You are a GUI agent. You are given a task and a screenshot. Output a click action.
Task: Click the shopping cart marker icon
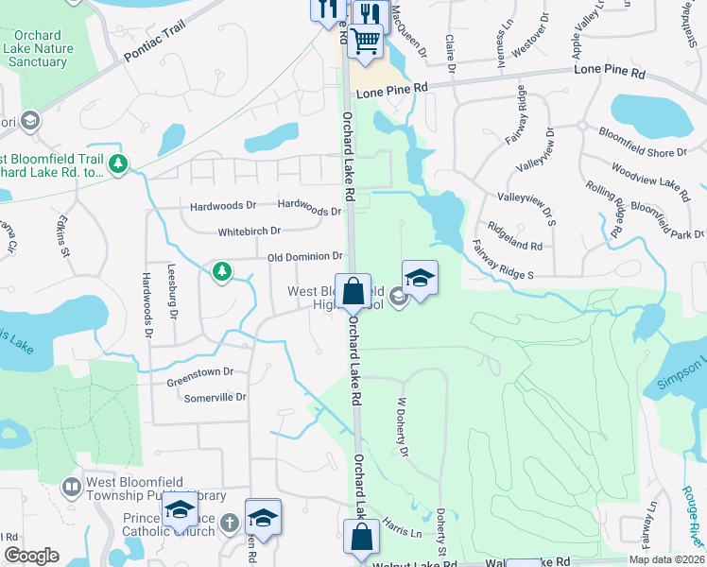click(365, 41)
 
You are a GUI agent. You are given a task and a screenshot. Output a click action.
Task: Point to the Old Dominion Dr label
click(305, 256)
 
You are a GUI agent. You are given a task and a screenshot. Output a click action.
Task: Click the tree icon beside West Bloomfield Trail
click(118, 163)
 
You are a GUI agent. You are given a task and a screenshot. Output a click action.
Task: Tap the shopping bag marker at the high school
click(353, 292)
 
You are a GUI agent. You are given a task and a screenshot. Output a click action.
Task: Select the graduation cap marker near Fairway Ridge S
click(420, 279)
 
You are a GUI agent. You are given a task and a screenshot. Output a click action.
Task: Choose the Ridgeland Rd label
click(515, 235)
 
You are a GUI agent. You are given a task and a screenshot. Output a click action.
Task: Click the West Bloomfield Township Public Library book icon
click(71, 488)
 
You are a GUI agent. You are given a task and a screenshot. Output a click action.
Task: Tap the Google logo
click(31, 556)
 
